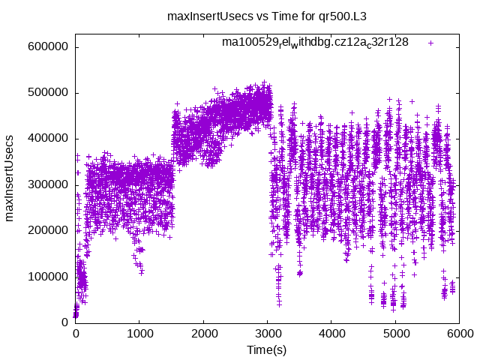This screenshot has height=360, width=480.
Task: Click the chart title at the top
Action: (x=240, y=16)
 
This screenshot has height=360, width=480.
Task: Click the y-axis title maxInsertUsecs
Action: (x=10, y=178)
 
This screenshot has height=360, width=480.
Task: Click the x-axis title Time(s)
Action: (x=267, y=349)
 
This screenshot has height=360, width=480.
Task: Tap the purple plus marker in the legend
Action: (x=430, y=43)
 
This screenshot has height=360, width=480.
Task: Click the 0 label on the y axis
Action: (x=65, y=322)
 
